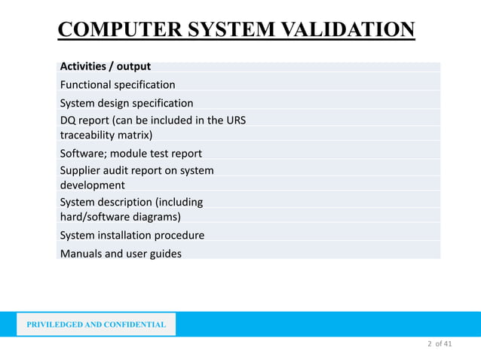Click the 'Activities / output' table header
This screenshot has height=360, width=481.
(106, 66)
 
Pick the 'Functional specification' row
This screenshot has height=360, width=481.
(118, 84)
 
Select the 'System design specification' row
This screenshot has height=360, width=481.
(127, 102)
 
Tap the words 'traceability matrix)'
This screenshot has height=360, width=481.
(106, 136)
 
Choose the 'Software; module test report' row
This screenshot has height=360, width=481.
(131, 154)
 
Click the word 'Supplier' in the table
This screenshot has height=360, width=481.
(82, 170)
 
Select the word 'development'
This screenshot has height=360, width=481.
(93, 185)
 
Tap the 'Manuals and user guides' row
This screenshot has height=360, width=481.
(121, 253)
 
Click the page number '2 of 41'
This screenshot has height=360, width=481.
(439, 344)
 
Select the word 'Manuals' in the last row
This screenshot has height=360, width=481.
(81, 253)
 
